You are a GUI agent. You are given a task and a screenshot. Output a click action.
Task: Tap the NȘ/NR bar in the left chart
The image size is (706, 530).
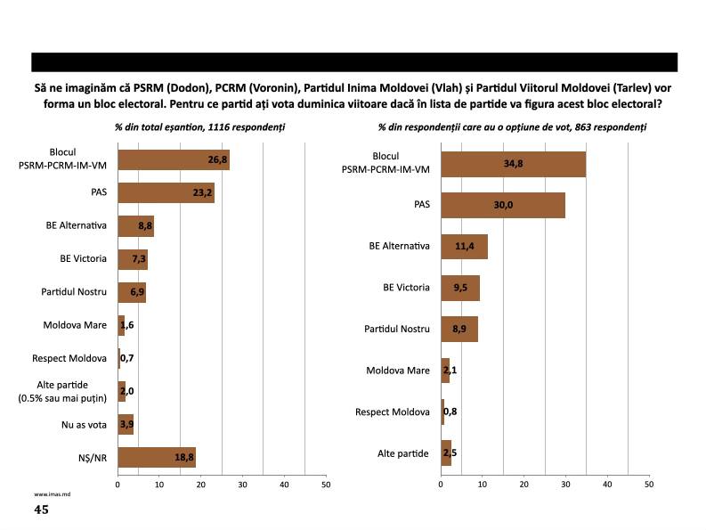(x=156, y=458)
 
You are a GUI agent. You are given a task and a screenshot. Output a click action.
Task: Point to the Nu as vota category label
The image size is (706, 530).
(x=85, y=424)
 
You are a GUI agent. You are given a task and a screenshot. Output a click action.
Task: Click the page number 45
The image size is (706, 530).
(x=41, y=510)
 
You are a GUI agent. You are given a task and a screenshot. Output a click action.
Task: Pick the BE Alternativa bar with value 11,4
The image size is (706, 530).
(x=464, y=247)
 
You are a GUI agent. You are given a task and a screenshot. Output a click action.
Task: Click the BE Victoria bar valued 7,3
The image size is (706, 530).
(x=133, y=259)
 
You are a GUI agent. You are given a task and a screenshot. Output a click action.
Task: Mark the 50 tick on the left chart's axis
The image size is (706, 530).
(x=325, y=485)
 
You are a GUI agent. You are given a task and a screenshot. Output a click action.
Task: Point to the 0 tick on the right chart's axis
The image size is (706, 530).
(x=441, y=485)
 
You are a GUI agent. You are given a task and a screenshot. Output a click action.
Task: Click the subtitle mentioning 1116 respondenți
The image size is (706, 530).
(x=200, y=127)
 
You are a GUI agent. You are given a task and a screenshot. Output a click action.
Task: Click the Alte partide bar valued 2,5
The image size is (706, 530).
(x=446, y=453)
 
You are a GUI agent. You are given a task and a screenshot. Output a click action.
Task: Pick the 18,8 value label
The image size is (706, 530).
(x=184, y=458)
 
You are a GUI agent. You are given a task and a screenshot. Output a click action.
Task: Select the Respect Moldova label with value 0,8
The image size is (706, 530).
(x=393, y=412)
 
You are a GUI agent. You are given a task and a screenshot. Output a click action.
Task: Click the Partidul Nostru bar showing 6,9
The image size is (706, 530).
(x=132, y=292)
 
